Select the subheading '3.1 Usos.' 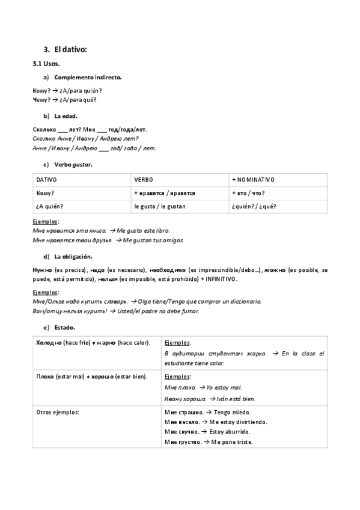(46, 63)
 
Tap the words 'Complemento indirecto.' (88, 78)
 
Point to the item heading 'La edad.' (66, 115)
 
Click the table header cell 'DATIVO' (46, 180)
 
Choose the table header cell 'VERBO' (144, 180)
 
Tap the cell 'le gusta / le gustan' (159, 206)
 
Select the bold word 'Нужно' (42, 270)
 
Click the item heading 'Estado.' (64, 328)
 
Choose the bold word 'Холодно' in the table (49, 342)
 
